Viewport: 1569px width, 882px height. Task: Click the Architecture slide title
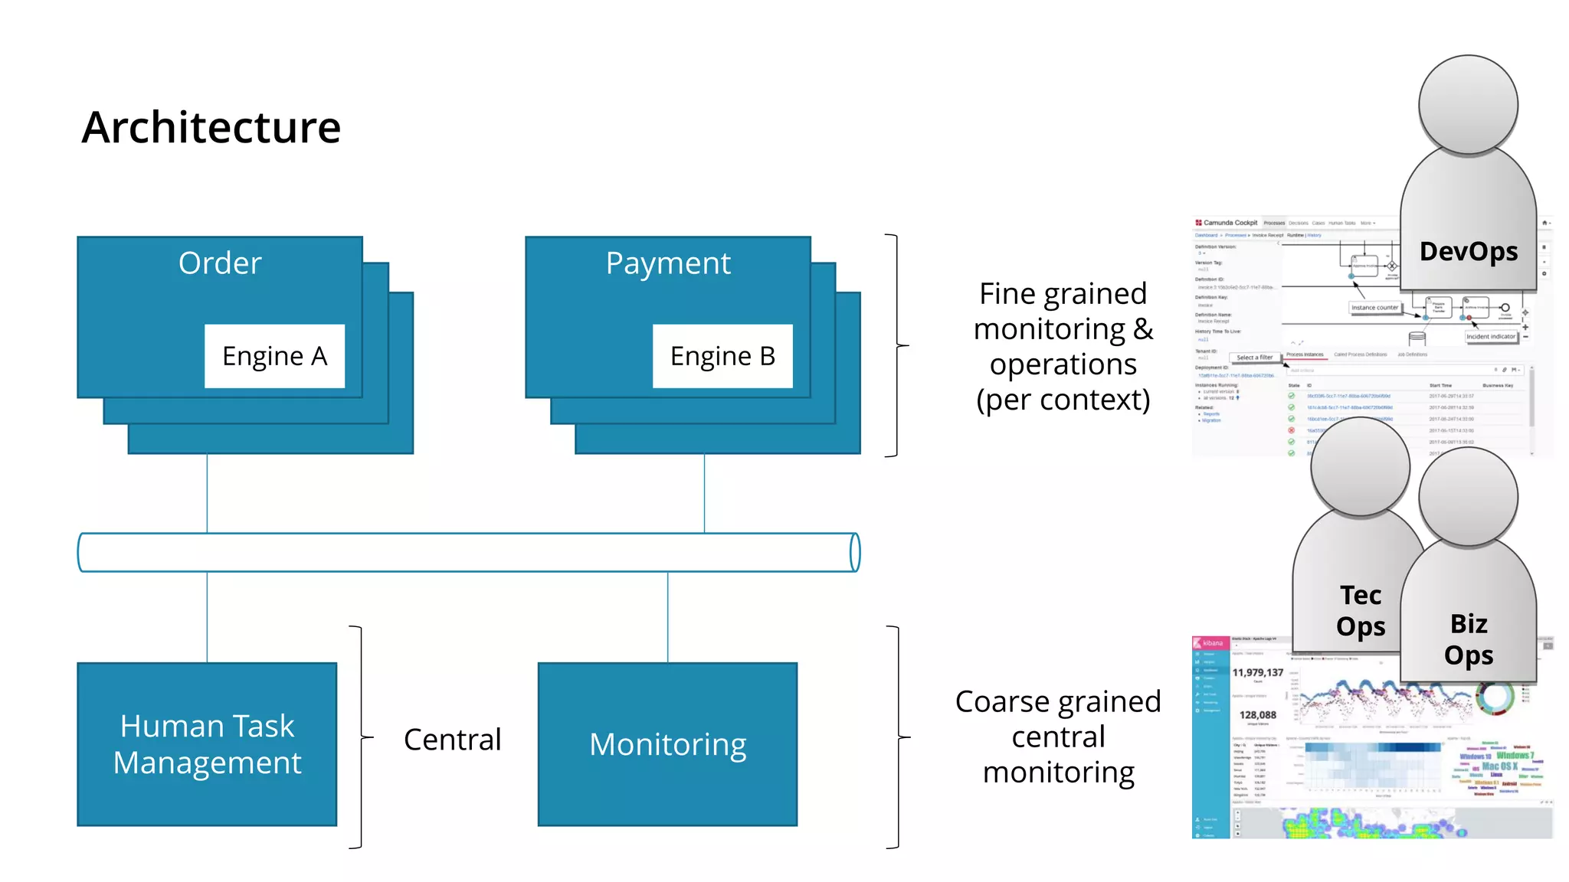211,127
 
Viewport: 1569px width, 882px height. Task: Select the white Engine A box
274,356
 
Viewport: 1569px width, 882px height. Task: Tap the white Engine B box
722,356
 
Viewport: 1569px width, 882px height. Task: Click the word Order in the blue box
220,263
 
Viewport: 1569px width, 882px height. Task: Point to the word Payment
668,263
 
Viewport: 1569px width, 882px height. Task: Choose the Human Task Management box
207,743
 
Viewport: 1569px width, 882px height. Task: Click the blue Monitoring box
667,743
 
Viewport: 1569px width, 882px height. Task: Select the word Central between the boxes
452,740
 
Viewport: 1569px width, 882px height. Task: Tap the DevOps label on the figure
1468,251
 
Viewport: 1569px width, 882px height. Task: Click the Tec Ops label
1361,610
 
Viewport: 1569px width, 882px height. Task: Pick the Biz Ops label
1468,639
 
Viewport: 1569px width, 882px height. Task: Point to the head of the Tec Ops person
1360,465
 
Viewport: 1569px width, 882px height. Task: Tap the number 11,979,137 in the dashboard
1257,672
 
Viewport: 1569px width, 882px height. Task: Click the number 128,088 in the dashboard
1257,714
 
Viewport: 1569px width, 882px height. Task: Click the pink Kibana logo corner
1210,643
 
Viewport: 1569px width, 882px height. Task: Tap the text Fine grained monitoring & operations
1063,346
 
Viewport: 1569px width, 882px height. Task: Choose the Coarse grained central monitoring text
1058,737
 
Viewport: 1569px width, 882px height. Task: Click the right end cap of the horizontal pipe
855,552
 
